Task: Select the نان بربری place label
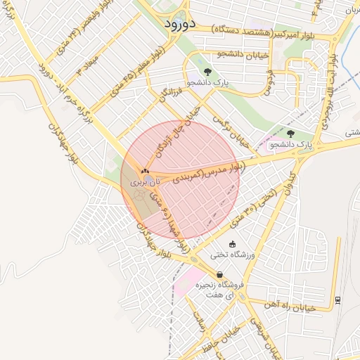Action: [145, 181]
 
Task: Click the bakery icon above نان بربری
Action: [145, 170]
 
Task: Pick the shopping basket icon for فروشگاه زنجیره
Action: [220, 275]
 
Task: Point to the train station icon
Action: [338, 300]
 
